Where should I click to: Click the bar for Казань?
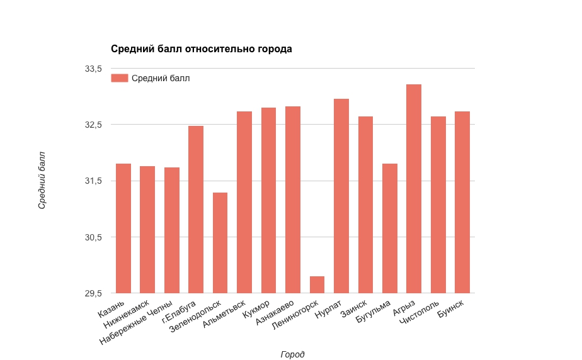pyautogui.click(x=123, y=228)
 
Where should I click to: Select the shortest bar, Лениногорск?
pyautogui.click(x=317, y=284)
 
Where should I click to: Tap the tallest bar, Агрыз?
pyautogui.click(x=414, y=189)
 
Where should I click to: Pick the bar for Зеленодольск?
pyautogui.click(x=220, y=243)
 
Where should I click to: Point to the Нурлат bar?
pyautogui.click(x=341, y=196)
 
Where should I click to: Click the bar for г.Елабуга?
pyautogui.click(x=196, y=210)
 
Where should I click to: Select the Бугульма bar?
pyautogui.click(x=390, y=228)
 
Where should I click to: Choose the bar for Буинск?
pyautogui.click(x=462, y=202)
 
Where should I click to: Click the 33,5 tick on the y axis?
pyautogui.click(x=93, y=69)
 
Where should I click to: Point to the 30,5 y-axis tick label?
pyautogui.click(x=93, y=237)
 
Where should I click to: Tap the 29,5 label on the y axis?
pyautogui.click(x=93, y=293)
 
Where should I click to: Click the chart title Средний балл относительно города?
pyautogui.click(x=202, y=49)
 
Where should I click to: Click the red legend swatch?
pyautogui.click(x=120, y=78)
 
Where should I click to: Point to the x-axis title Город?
pyautogui.click(x=292, y=354)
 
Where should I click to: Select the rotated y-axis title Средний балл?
pyautogui.click(x=42, y=180)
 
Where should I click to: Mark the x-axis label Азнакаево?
pyautogui.click(x=276, y=313)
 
